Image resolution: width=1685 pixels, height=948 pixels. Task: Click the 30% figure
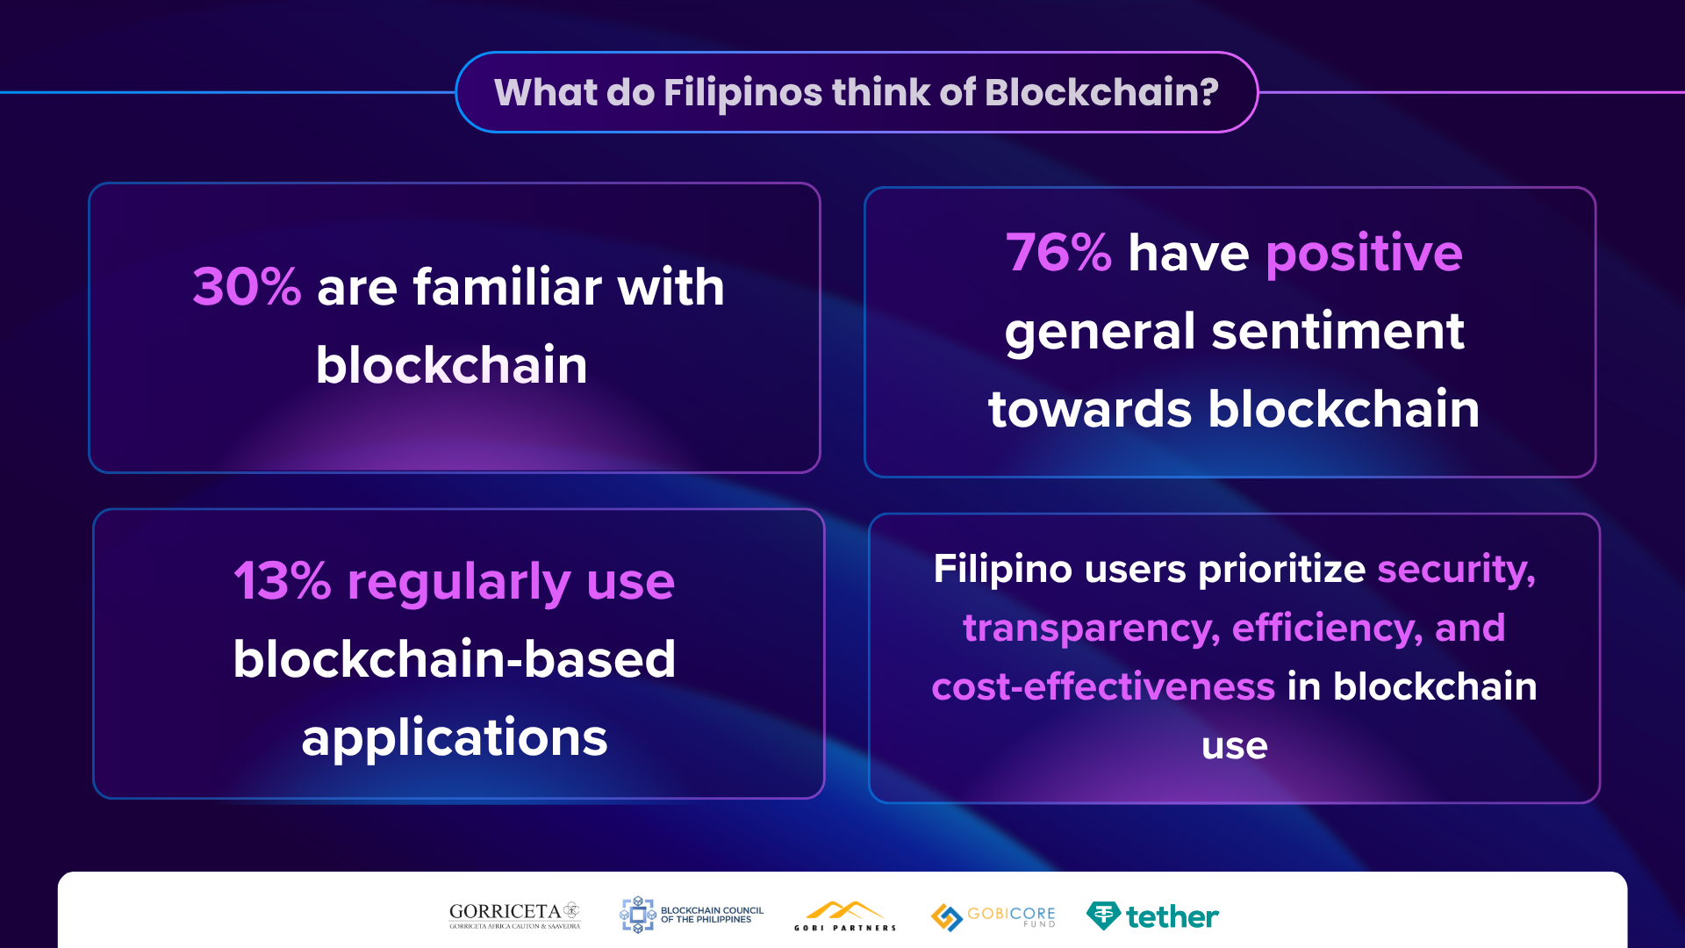pos(247,287)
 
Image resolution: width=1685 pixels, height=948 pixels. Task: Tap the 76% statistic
pos(1058,253)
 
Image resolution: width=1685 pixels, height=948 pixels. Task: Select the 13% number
pos(283,581)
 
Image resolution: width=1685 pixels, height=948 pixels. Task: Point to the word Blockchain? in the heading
pos(1101,92)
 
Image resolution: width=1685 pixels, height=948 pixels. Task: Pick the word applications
pos(455,738)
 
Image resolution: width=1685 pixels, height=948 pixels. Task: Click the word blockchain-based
pos(455,659)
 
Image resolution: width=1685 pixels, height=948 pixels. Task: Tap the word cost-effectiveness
pos(1103,686)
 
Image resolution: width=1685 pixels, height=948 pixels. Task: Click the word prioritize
pos(1282,570)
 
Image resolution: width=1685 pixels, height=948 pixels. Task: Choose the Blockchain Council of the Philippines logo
pos(692,915)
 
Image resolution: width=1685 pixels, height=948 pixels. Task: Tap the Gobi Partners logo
pos(845,916)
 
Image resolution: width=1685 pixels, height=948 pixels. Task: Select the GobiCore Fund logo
pos(993,916)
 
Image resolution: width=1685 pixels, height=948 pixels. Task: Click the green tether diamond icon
pos(1103,916)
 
